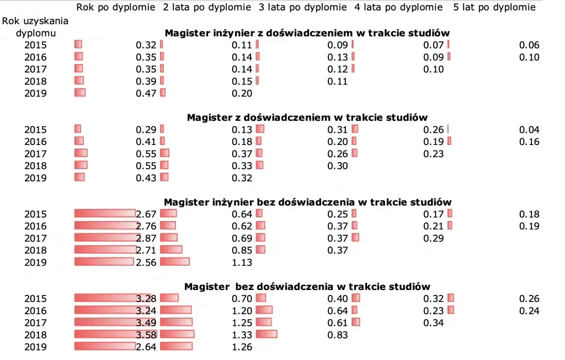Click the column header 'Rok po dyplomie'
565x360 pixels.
(x=116, y=7)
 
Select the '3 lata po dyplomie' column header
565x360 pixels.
(x=303, y=7)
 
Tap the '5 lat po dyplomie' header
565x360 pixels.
(x=494, y=7)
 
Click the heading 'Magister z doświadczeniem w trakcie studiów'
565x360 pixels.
(x=307, y=117)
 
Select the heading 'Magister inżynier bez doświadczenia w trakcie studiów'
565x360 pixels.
(x=307, y=202)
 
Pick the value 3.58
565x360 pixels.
(x=146, y=335)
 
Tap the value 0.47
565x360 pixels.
(x=146, y=93)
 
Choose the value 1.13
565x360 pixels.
(x=242, y=262)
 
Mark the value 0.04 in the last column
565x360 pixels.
(x=529, y=130)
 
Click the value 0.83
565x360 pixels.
(x=338, y=335)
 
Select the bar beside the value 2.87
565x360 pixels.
(x=104, y=238)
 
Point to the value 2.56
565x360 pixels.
(x=146, y=262)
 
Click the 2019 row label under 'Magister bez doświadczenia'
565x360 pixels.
(x=35, y=347)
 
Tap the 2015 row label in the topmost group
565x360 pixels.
(x=35, y=45)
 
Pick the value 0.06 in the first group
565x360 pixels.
(x=529, y=45)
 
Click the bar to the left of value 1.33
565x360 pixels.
(x=178, y=334)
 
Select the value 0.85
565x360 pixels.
(x=242, y=250)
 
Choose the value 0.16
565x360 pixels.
(x=529, y=142)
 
